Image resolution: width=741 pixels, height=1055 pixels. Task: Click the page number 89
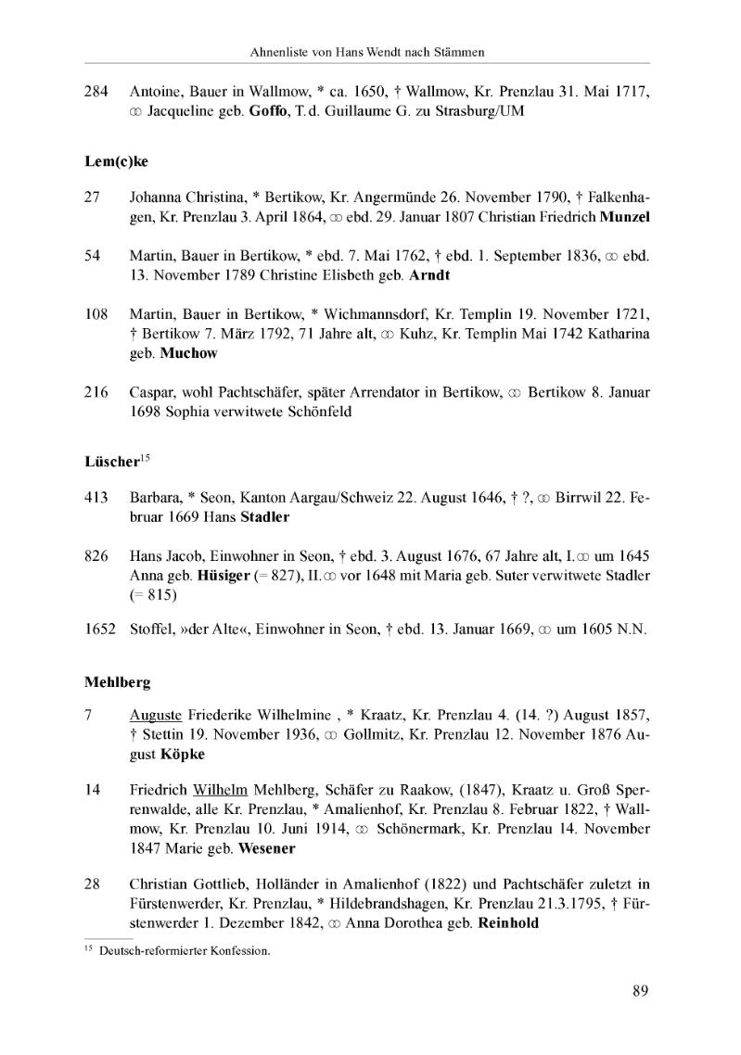(x=640, y=991)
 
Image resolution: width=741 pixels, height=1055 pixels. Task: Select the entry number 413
(x=96, y=499)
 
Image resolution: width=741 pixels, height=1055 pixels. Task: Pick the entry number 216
(x=96, y=394)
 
